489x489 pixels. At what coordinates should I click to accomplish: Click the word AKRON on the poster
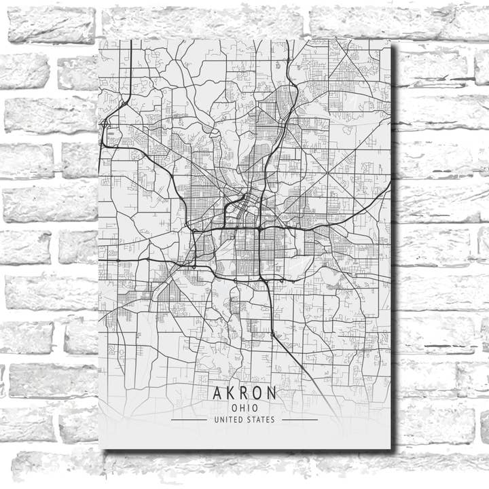coord(244,393)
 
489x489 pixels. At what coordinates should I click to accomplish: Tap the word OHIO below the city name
coord(244,407)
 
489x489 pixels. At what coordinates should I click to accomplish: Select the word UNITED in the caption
coord(228,420)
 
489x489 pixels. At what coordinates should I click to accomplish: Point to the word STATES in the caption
coord(261,420)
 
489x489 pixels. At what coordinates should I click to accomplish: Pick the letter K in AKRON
coord(231,393)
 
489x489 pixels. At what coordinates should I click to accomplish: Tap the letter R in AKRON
coord(244,393)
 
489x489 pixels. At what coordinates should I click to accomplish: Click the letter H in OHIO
coord(241,407)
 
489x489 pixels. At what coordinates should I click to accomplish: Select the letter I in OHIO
coord(249,407)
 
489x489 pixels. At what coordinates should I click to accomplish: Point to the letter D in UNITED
coord(242,420)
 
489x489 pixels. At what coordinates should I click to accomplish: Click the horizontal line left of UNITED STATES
coord(189,420)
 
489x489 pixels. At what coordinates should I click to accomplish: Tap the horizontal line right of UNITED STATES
coord(300,420)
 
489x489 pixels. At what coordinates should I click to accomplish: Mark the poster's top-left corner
coord(99,39)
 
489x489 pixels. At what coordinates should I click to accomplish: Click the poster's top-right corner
coord(391,39)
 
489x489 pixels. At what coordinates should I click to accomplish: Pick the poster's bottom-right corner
coord(391,449)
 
